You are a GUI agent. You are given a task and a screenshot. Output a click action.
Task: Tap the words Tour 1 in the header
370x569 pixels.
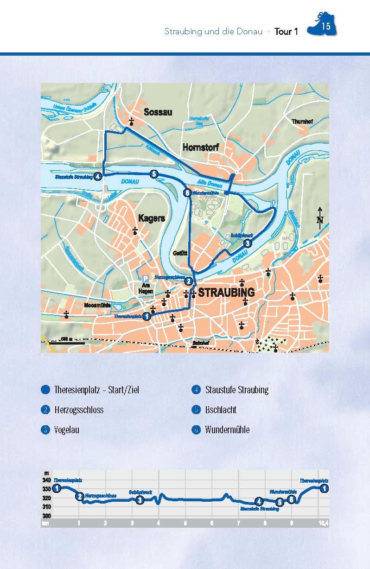pyautogui.click(x=286, y=32)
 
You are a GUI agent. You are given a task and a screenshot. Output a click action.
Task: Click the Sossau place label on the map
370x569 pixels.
pyautogui.click(x=158, y=112)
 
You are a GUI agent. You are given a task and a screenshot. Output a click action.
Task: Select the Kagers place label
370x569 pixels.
pyautogui.click(x=151, y=218)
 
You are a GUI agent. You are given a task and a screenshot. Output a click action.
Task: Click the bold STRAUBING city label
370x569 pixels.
pyautogui.click(x=227, y=293)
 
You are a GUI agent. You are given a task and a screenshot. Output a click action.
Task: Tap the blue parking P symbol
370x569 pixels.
pyautogui.click(x=146, y=278)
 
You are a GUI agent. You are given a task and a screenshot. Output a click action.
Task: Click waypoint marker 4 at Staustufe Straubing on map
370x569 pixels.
pyautogui.click(x=97, y=176)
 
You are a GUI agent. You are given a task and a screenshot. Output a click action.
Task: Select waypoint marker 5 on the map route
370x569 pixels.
pyautogui.click(x=154, y=174)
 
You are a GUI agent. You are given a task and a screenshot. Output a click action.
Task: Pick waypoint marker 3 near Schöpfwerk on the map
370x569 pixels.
pyautogui.click(x=248, y=243)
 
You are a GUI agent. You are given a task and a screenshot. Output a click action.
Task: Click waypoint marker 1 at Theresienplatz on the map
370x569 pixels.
pyautogui.click(x=147, y=316)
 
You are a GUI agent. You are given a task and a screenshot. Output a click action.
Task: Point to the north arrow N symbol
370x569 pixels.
pyautogui.click(x=320, y=218)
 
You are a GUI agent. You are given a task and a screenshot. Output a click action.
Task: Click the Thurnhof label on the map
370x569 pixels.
pyautogui.click(x=302, y=122)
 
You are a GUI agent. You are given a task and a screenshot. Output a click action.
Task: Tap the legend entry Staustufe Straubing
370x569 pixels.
pyautogui.click(x=237, y=390)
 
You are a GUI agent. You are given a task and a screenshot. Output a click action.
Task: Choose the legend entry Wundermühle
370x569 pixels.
pyautogui.click(x=227, y=429)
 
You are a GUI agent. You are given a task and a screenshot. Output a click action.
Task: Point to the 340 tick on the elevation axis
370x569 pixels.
pyautogui.click(x=46, y=480)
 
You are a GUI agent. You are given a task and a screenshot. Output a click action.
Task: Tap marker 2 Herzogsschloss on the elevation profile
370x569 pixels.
pyautogui.click(x=80, y=497)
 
